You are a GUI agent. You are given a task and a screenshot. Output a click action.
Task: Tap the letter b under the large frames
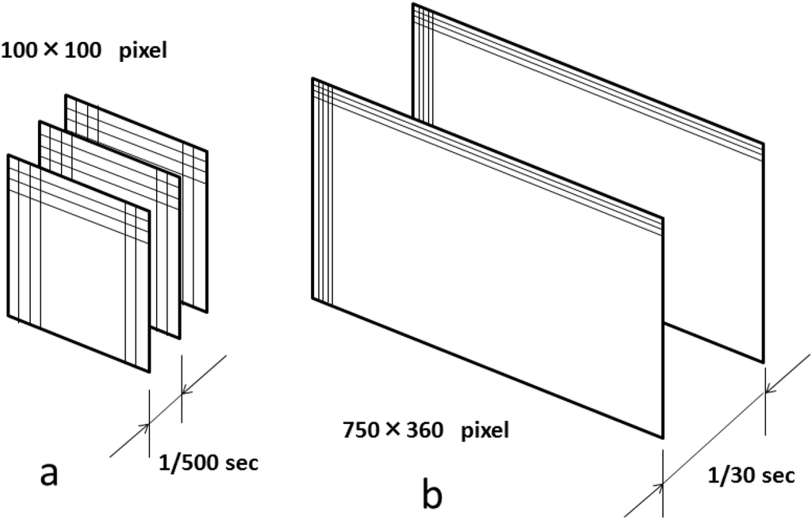click(x=432, y=494)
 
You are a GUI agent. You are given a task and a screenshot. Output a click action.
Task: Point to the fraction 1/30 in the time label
click(x=729, y=475)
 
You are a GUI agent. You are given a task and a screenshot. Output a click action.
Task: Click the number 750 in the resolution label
click(x=362, y=431)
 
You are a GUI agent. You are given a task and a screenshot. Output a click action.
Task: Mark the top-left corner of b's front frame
click(x=313, y=78)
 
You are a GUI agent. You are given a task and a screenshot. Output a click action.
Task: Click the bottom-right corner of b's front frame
click(x=662, y=437)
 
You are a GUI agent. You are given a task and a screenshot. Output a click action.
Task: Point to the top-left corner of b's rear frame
click(x=413, y=4)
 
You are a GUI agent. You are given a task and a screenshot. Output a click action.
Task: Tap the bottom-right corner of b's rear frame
click(x=764, y=362)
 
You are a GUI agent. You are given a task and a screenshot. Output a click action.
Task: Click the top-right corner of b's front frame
click(x=662, y=216)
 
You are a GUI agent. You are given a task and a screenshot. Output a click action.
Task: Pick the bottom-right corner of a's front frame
click(x=149, y=371)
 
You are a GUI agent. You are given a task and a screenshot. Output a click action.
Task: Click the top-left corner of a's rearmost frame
click(x=65, y=94)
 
